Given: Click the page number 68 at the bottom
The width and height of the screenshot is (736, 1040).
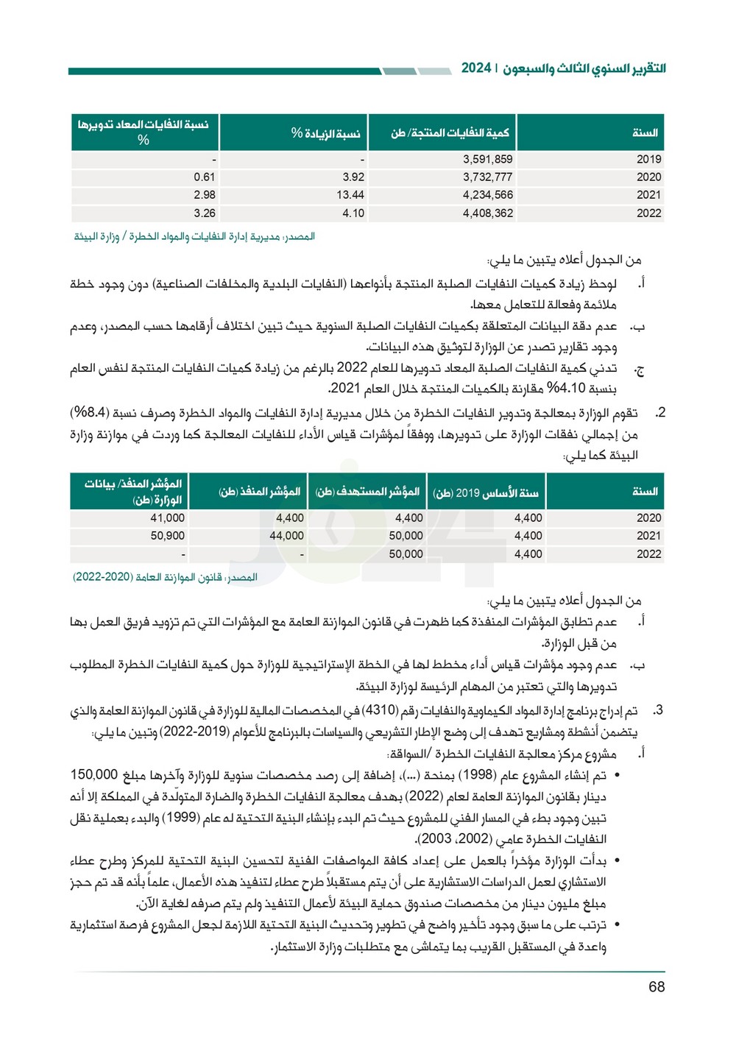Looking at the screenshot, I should (657, 987).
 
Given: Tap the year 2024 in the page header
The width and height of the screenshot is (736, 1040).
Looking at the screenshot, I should (476, 68).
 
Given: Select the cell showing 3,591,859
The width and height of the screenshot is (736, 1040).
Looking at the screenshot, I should (487, 159).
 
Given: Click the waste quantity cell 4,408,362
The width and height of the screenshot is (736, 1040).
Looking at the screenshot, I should (487, 213).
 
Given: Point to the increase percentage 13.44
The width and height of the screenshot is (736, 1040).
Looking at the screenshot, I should (350, 195).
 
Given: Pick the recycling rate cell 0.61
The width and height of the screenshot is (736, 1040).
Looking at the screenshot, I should (204, 177).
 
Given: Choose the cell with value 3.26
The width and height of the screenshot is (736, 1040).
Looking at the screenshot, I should (204, 213).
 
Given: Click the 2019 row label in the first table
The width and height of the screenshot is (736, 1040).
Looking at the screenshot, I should (648, 159).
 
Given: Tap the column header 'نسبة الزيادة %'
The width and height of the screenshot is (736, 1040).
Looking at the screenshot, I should (325, 133).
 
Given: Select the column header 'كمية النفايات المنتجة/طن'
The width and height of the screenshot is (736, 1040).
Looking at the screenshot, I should (450, 133).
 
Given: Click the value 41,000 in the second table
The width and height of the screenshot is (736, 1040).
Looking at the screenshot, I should (167, 518).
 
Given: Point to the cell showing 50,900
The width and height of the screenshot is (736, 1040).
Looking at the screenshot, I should (167, 536).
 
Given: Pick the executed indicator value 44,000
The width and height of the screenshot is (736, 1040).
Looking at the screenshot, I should (286, 536).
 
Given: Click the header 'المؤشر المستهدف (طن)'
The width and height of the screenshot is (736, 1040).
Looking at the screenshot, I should (367, 492).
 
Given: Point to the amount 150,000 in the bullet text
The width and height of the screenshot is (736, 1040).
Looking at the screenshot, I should (94, 775).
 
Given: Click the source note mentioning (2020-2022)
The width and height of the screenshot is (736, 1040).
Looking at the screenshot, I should (165, 577).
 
